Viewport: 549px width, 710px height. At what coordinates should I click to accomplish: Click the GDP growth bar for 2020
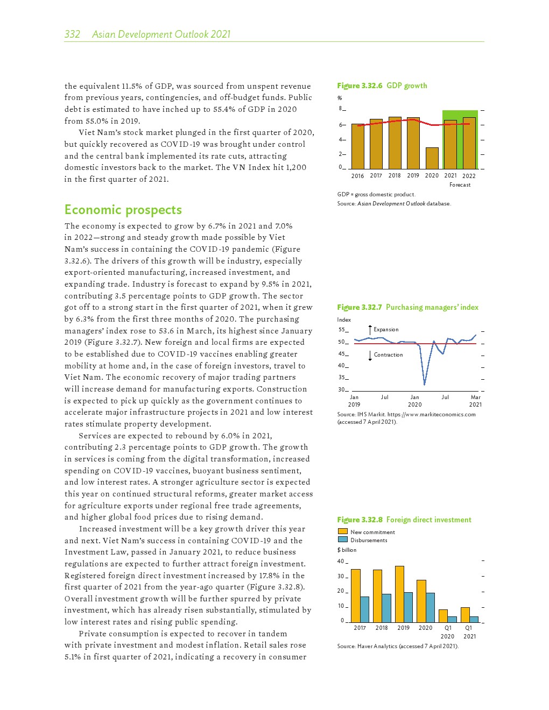432,158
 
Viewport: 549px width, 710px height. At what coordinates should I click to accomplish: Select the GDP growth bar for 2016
357,146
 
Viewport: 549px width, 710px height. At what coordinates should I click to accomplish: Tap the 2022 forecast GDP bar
469,143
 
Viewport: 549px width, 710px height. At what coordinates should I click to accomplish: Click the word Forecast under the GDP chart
460,185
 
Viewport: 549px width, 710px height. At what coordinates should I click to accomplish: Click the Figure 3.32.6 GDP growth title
382,86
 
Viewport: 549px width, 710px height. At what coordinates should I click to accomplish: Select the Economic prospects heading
123,210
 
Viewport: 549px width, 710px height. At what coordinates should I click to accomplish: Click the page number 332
72,34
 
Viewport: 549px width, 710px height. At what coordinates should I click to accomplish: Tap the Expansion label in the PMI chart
386,330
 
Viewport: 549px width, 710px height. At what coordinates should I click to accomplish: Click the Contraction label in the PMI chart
388,355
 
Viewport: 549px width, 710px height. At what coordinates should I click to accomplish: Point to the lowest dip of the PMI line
424,384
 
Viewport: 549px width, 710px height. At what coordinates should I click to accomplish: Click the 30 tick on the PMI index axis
341,390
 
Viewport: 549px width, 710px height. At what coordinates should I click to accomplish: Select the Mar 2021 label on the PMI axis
475,401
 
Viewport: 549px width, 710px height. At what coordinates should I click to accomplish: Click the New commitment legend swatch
342,532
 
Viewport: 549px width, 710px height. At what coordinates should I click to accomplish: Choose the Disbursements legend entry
368,540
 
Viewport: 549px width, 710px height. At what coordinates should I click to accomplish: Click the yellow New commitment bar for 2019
399,594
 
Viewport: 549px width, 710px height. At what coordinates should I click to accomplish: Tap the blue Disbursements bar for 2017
364,609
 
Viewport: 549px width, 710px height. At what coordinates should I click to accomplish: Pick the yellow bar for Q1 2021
465,615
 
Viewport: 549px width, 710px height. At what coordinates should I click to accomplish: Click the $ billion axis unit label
347,550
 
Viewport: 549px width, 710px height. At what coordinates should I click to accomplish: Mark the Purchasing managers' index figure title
407,307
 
